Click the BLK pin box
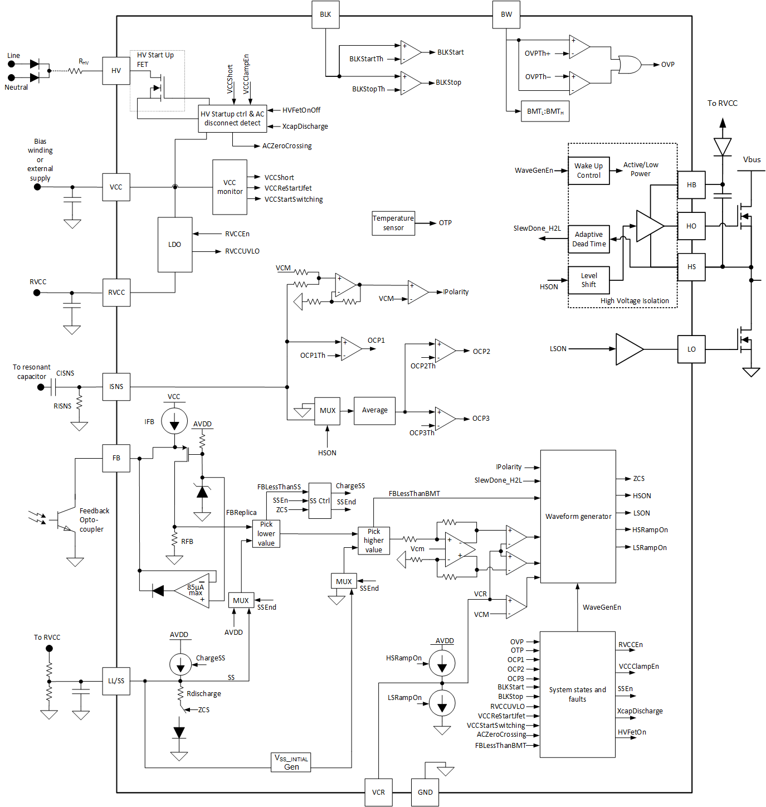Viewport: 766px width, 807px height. coord(325,14)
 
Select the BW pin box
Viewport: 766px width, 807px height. coord(506,14)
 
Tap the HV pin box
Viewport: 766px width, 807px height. coord(116,71)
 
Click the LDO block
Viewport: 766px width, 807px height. coord(175,245)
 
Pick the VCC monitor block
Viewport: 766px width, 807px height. coord(230,187)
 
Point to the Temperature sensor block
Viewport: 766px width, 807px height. coord(393,223)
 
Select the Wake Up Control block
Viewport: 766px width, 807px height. coord(589,171)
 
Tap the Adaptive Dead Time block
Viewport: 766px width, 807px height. coord(589,239)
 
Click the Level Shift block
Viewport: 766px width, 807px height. coord(588,280)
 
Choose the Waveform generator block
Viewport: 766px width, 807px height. coord(578,517)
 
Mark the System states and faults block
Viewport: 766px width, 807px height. coord(577,694)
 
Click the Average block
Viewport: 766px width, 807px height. coord(374,411)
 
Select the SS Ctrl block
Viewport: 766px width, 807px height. coord(320,501)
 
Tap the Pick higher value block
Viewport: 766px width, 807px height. coord(373,541)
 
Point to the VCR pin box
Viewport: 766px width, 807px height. coord(378,792)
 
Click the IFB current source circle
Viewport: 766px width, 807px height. coord(174,421)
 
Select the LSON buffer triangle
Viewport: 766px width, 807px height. coord(628,349)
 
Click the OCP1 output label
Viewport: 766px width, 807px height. coord(376,341)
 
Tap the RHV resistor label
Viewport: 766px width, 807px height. coord(84,61)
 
